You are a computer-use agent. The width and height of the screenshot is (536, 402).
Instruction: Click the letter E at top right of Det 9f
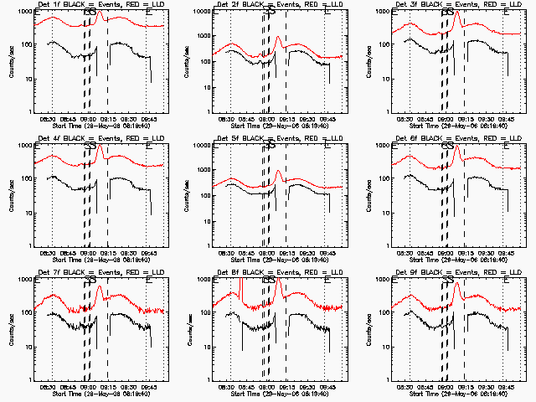click(505, 281)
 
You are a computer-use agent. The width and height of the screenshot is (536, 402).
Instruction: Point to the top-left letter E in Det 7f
click(39, 281)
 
